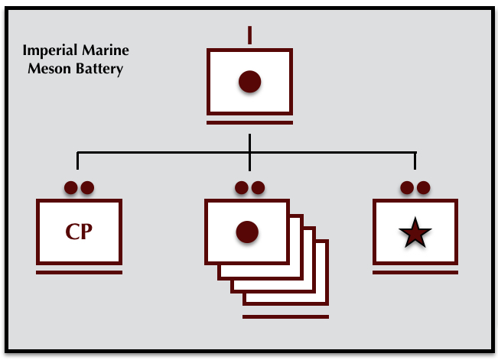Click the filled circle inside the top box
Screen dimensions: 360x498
coord(249,81)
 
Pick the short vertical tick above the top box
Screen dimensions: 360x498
coord(249,34)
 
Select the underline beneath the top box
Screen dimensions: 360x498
coord(249,121)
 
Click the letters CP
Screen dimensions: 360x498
coord(79,232)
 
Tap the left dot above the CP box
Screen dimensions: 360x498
coord(71,187)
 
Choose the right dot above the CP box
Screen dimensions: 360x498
coord(86,187)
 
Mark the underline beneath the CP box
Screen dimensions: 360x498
coord(79,271)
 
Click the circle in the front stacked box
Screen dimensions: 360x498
coord(246,232)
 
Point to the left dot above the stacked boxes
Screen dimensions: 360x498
coord(242,187)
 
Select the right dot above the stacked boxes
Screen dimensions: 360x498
coord(258,187)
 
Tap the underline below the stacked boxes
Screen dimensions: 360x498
coord(285,316)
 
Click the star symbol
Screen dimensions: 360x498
coord(415,232)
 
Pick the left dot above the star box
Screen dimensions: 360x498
coord(407,187)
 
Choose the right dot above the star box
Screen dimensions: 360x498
coord(422,187)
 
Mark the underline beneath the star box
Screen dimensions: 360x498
coord(415,271)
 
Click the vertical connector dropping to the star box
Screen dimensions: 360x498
coord(415,161)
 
